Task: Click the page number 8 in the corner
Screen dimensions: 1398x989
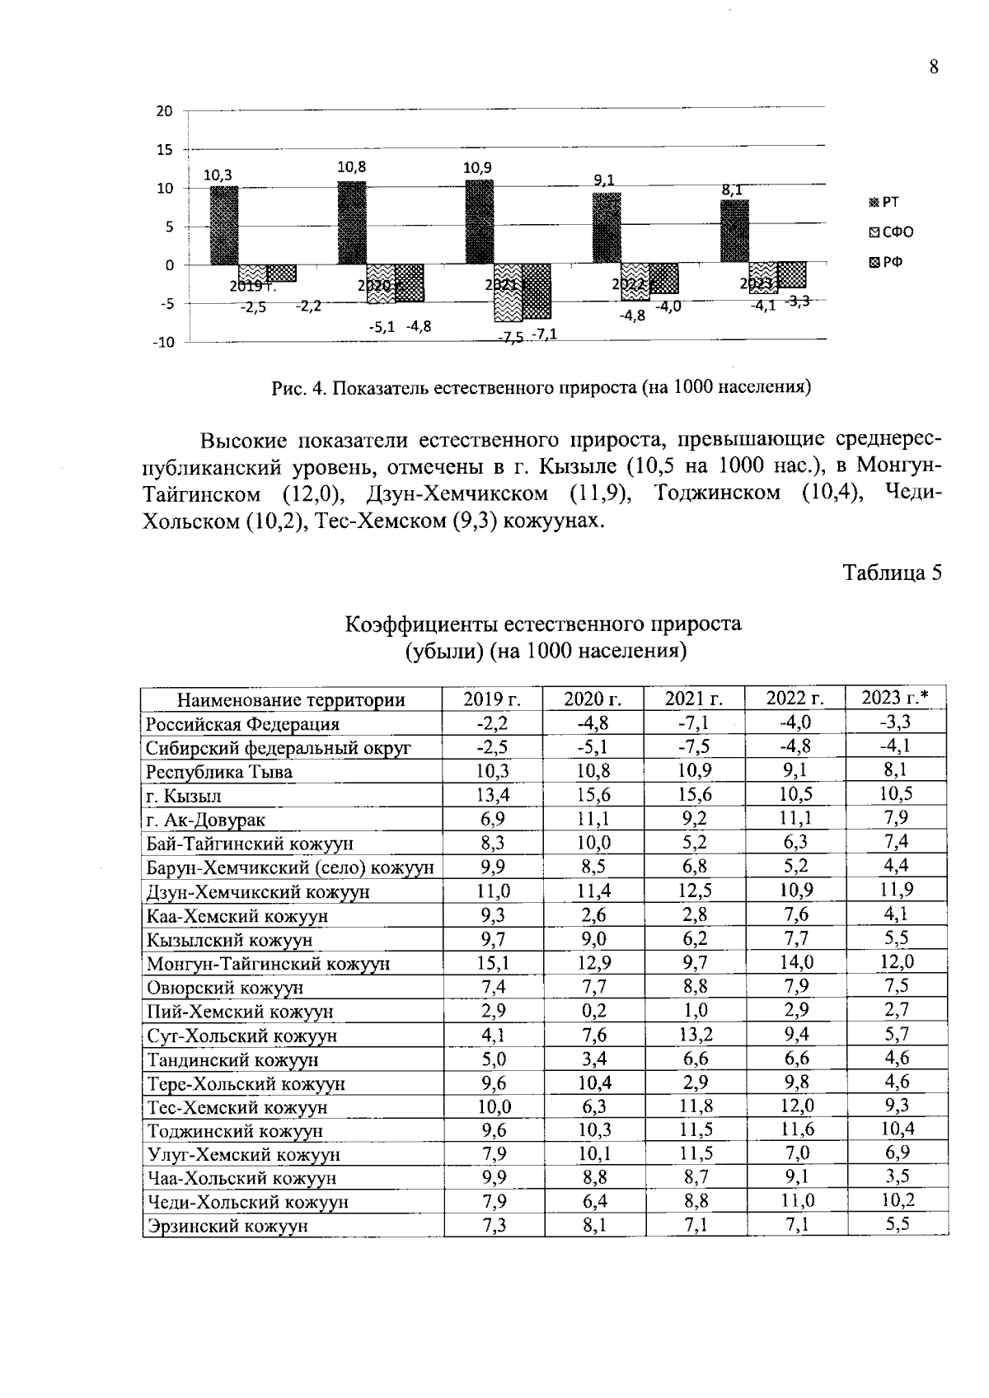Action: pyautogui.click(x=933, y=68)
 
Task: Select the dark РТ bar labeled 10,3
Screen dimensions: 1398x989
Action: pyautogui.click(x=224, y=225)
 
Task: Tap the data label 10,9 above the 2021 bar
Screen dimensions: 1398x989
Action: pyautogui.click(x=477, y=167)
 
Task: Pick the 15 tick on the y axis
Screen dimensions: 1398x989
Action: pyautogui.click(x=165, y=150)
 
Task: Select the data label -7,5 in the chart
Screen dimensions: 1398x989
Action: pyautogui.click(x=511, y=337)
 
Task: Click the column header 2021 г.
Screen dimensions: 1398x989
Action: pyautogui.click(x=694, y=699)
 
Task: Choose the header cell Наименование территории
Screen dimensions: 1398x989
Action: pyautogui.click(x=292, y=700)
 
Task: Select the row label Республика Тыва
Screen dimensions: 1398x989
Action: pyautogui.click(x=219, y=772)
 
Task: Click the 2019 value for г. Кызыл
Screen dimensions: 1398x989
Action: pyautogui.click(x=493, y=795)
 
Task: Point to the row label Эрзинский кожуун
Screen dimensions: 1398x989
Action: pyautogui.click(x=227, y=1225)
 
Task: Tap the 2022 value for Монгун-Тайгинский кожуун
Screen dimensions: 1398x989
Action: pyautogui.click(x=795, y=962)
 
